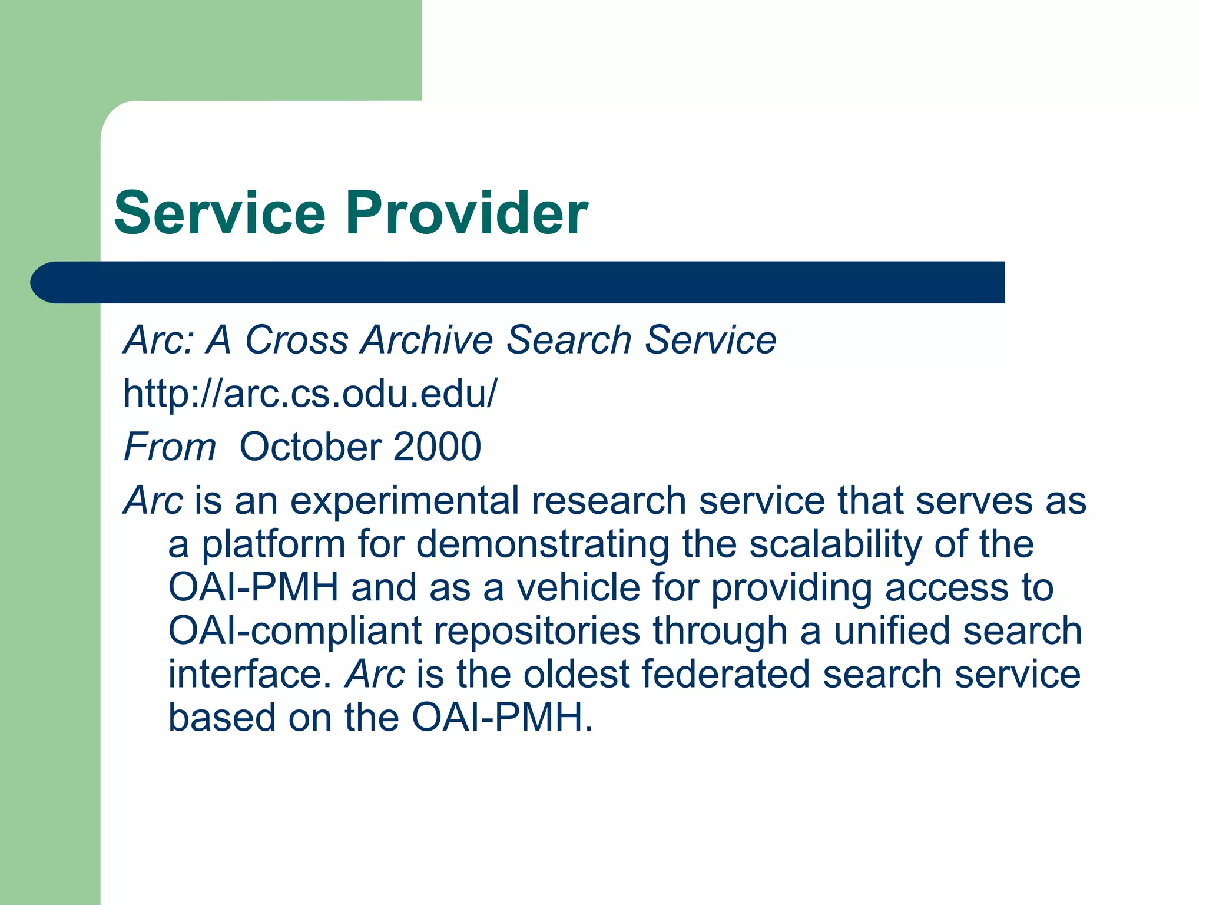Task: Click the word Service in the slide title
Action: click(220, 213)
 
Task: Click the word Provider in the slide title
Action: click(466, 213)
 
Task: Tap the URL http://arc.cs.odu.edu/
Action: click(310, 394)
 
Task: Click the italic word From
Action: click(170, 447)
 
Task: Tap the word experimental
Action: click(405, 501)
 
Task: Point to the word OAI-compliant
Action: click(294, 631)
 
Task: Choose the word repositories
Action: click(536, 631)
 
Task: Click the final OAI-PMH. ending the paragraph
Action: click(502, 718)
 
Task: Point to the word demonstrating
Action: click(542, 545)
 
